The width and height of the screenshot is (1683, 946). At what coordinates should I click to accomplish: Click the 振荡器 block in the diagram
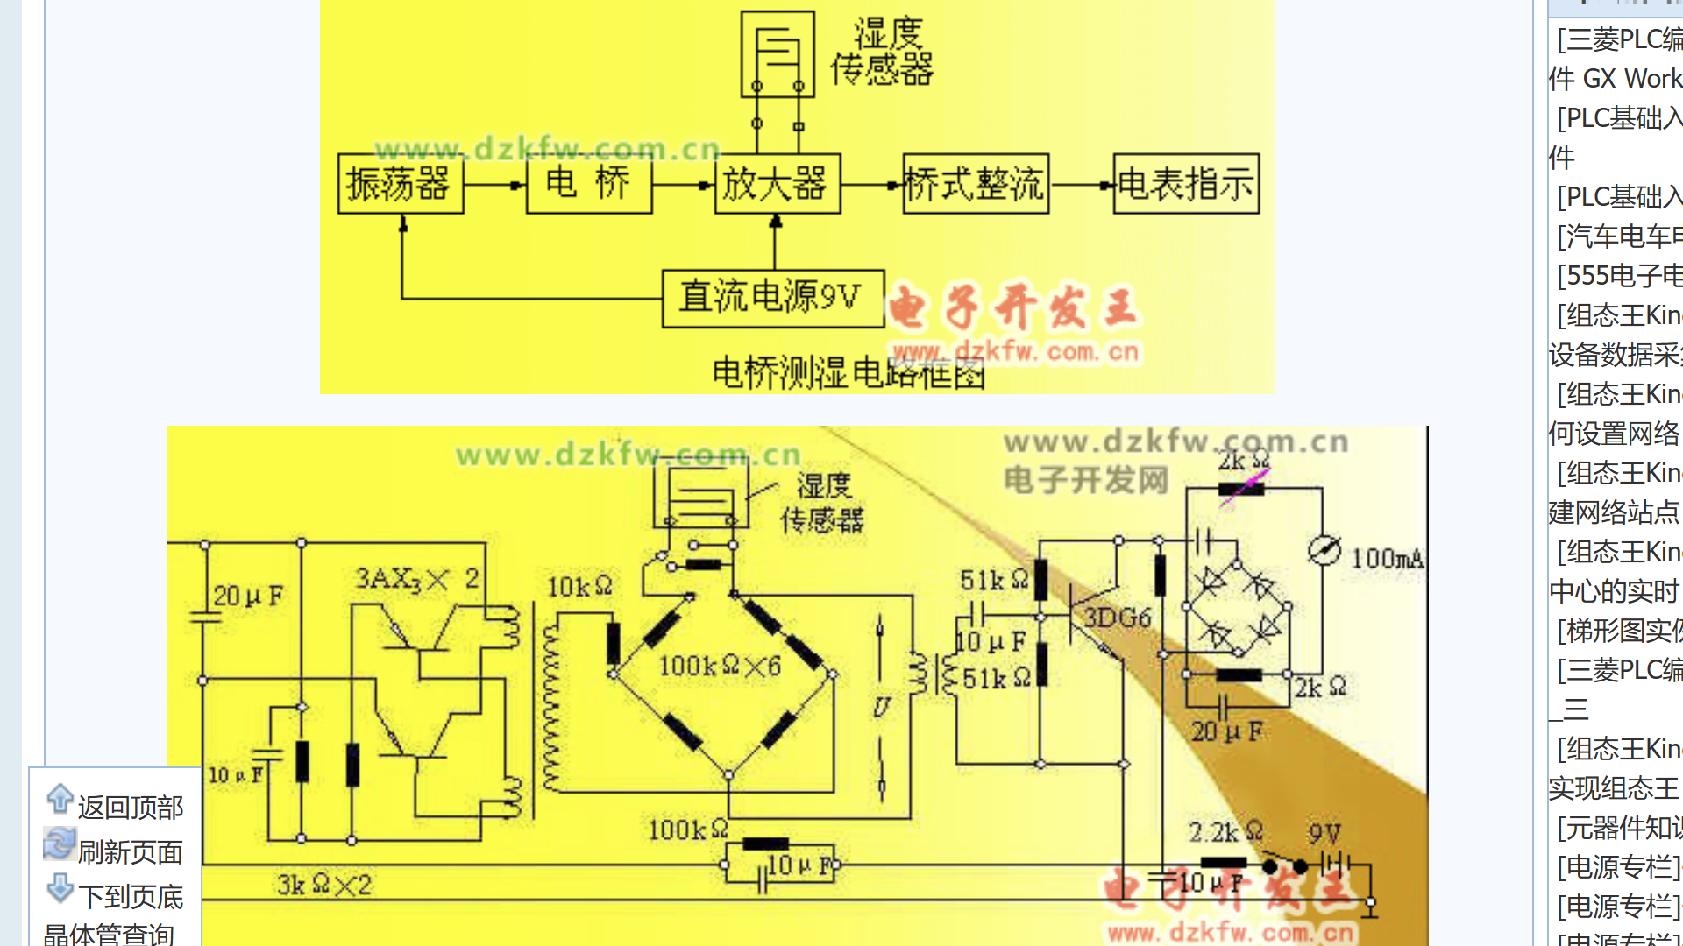coord(400,184)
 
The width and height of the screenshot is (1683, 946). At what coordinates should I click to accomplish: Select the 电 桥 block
coord(588,184)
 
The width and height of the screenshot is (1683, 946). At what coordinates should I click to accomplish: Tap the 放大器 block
coord(777,184)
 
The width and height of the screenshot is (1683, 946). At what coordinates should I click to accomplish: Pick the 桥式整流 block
coord(975,184)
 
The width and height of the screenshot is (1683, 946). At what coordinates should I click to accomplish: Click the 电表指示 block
coord(1186,184)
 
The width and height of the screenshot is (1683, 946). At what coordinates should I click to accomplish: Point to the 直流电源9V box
coord(772,298)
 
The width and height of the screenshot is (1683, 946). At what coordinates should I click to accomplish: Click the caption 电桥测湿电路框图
coord(849,373)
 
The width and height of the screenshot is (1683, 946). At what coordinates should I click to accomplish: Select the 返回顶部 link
coord(130,807)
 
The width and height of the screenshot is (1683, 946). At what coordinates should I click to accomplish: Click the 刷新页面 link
coord(130,851)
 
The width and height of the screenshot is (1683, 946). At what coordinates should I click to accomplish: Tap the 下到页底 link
coord(130,896)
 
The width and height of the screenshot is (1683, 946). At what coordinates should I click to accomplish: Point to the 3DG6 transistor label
coord(1117,618)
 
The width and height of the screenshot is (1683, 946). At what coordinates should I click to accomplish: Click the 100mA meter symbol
coord(1324,550)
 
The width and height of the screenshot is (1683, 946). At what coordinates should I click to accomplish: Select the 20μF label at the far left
coord(248,597)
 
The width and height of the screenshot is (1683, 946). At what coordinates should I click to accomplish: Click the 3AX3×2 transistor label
coord(416,579)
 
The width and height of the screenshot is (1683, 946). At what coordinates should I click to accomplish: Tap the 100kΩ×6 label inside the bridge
coord(719,667)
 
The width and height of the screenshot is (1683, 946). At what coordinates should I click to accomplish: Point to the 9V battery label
coord(1324,833)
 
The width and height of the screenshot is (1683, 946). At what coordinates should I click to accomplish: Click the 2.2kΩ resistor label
coord(1225,832)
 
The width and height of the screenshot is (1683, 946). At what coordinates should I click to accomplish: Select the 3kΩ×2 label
coord(323,886)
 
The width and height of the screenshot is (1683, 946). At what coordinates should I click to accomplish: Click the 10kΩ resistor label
coord(579,587)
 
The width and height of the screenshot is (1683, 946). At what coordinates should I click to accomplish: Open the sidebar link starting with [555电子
coord(1618,276)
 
